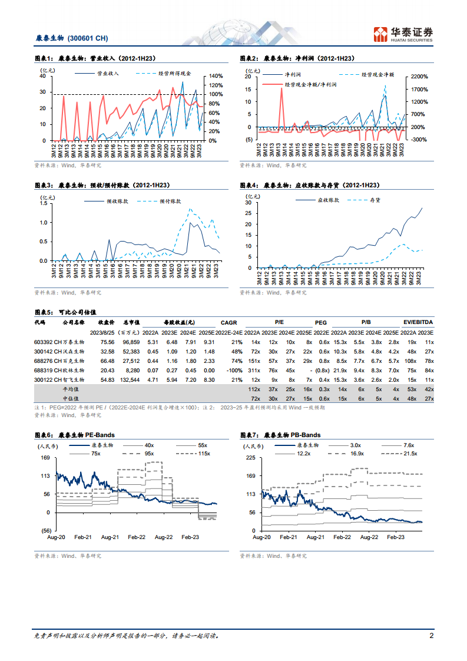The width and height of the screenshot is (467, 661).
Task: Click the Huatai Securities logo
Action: pyautogui.click(x=403, y=34)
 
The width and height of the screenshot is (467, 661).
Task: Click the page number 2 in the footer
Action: pyautogui.click(x=431, y=636)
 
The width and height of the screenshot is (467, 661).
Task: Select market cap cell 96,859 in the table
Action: pyautogui.click(x=128, y=342)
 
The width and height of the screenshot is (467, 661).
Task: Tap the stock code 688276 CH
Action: pyautogui.click(x=46, y=361)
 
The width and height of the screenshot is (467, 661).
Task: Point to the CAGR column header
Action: pyautogui.click(x=228, y=322)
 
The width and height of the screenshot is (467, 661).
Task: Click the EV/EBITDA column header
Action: pyautogui.click(x=419, y=322)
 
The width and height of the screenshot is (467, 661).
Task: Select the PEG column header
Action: pyautogui.click(x=321, y=322)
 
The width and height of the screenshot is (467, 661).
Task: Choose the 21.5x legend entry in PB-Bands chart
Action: pyautogui.click(x=410, y=453)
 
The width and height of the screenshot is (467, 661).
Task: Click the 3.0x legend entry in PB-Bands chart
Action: pyautogui.click(x=355, y=445)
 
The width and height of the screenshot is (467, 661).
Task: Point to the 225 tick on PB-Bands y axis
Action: pyautogui.click(x=250, y=457)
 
